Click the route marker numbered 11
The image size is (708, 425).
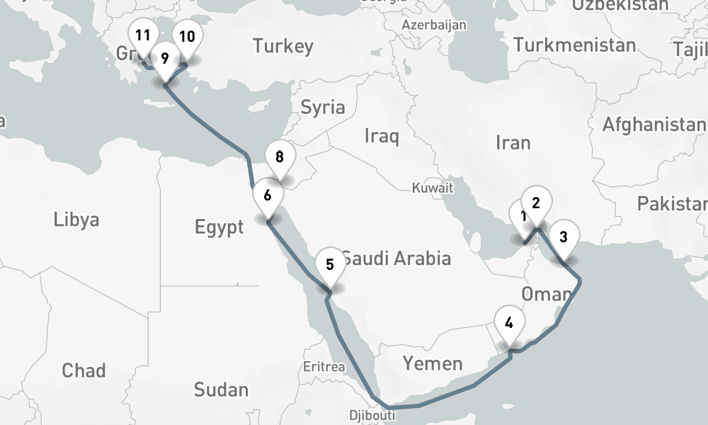143,35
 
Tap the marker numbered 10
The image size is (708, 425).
187,37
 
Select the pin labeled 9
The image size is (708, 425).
165,58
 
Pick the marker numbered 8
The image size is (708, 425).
280,157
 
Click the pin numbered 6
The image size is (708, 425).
268,195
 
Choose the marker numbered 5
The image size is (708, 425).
330,265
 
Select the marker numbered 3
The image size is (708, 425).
564,237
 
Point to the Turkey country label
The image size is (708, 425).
283,47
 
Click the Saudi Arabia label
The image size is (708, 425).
396,258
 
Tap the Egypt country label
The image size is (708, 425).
219,227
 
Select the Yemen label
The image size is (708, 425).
433,364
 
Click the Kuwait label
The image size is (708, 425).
433,188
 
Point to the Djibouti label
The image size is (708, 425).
372,414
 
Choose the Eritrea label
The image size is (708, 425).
324,367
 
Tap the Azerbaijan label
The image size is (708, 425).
434,25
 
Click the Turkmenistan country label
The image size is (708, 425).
575,45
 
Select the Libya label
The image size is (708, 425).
76,220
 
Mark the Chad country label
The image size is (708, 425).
84,370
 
